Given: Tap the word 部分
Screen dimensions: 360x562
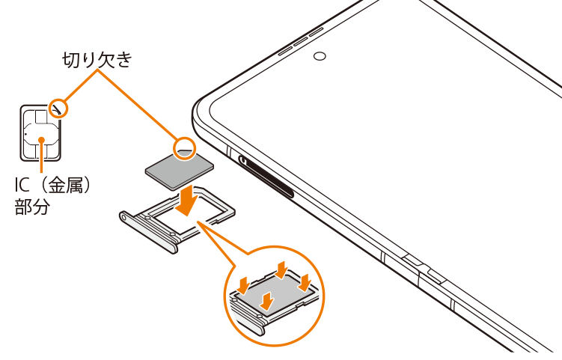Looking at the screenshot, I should tap(32, 207).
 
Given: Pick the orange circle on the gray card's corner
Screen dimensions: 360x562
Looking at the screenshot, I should tap(184, 147).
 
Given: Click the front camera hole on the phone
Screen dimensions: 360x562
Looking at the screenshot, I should tap(320, 56).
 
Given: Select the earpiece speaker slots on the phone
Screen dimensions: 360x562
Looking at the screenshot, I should tap(301, 42).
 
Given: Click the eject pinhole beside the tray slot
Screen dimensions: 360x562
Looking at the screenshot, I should tap(244, 159).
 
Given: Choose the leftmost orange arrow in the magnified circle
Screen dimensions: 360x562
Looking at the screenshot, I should tap(245, 284).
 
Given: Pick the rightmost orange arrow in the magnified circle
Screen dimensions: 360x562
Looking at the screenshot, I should tap(305, 283).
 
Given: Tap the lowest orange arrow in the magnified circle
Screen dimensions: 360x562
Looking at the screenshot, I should tap(268, 299).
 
